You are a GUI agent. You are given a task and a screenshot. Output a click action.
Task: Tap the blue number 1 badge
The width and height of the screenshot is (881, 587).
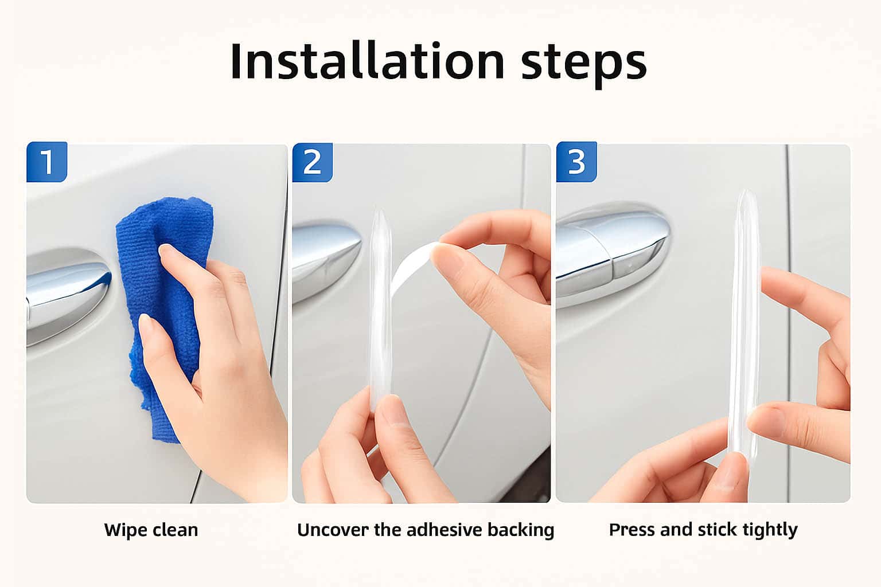coord(47,162)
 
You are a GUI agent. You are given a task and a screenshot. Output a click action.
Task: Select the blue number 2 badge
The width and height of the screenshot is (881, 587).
coord(312,162)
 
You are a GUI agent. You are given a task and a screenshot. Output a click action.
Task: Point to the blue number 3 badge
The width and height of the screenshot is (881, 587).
coord(576,162)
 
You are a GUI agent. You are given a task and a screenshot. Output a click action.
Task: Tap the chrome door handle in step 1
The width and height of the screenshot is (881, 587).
coord(67,294)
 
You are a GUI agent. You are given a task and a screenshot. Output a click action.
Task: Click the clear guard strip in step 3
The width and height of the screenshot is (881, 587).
coord(744,322)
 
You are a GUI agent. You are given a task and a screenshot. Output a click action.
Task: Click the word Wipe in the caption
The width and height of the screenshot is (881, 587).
coord(126,531)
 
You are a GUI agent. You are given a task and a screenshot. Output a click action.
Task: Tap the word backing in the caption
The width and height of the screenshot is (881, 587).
coord(521,531)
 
